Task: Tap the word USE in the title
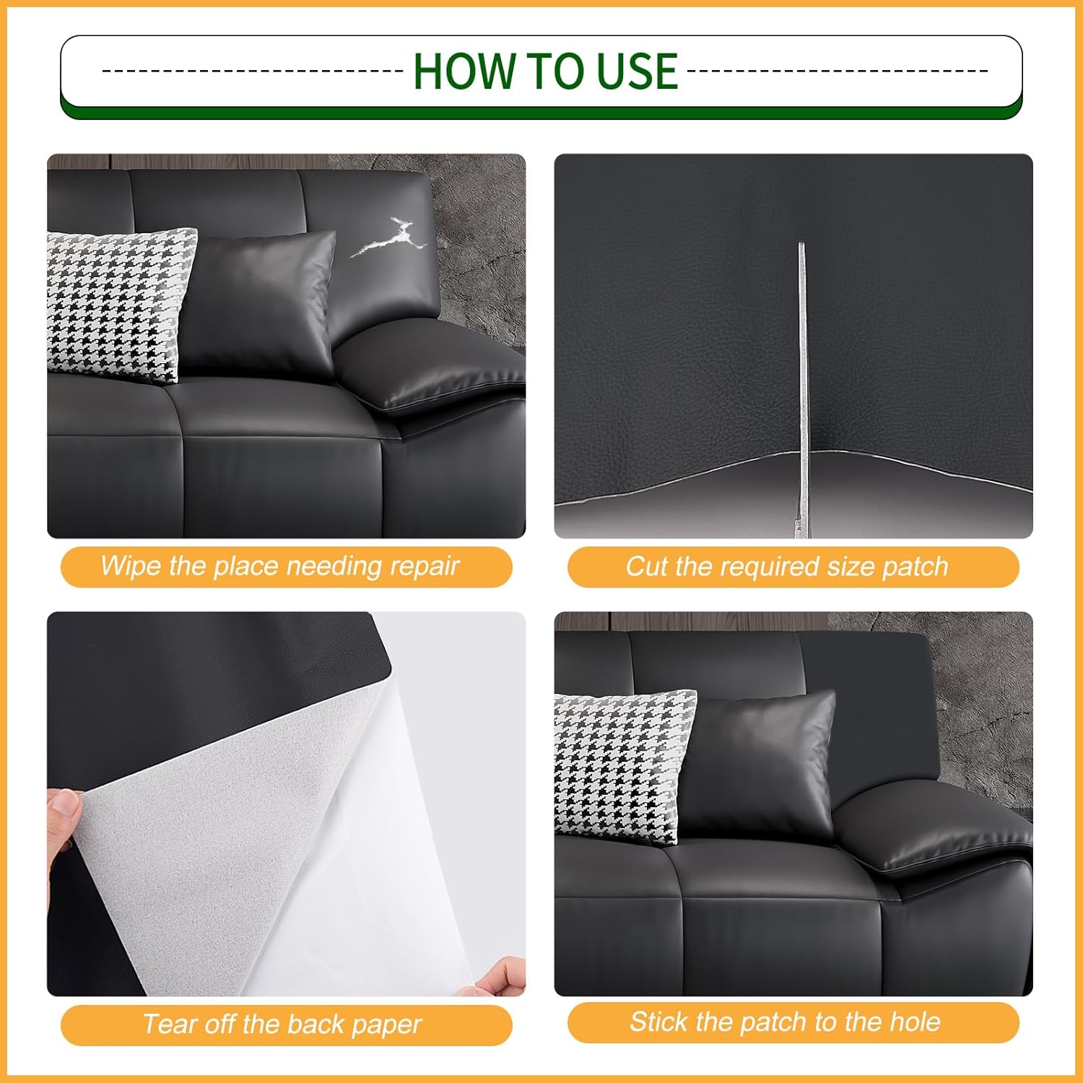tap(638, 71)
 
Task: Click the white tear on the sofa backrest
tap(388, 238)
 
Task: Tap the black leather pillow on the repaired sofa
tap(758, 765)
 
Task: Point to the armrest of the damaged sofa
tap(432, 368)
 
